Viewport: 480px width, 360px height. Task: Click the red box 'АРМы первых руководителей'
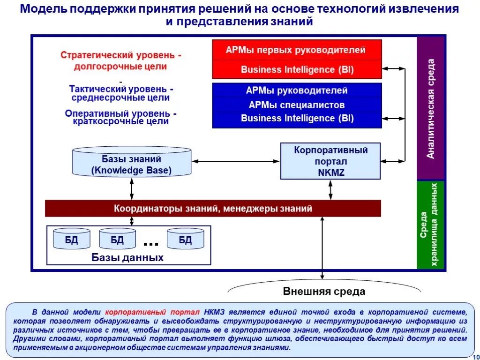[x=297, y=50]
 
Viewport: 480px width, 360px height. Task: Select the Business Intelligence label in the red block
[x=297, y=70]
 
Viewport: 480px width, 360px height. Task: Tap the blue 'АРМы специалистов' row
[x=297, y=105]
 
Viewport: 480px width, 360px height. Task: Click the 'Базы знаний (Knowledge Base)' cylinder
[x=132, y=163]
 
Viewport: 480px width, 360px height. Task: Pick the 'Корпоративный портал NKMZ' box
[x=330, y=161]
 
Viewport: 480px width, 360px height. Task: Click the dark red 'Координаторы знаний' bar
[x=213, y=208]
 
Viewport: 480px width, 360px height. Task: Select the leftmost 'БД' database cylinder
[x=71, y=239]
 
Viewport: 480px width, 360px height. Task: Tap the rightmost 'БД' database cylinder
[x=185, y=239]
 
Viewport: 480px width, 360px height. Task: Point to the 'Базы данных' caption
[x=127, y=257]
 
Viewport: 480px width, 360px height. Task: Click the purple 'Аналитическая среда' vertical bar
[x=431, y=108]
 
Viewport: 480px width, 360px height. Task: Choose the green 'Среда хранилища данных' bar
[x=431, y=225]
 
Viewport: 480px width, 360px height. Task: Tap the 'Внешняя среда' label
[x=324, y=292]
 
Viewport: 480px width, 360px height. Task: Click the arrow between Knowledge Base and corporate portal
[x=236, y=161]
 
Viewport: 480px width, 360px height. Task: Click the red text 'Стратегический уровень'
[x=120, y=55]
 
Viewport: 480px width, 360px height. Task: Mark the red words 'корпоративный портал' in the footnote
[x=152, y=312]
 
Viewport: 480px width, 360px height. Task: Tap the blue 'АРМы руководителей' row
[x=297, y=90]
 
